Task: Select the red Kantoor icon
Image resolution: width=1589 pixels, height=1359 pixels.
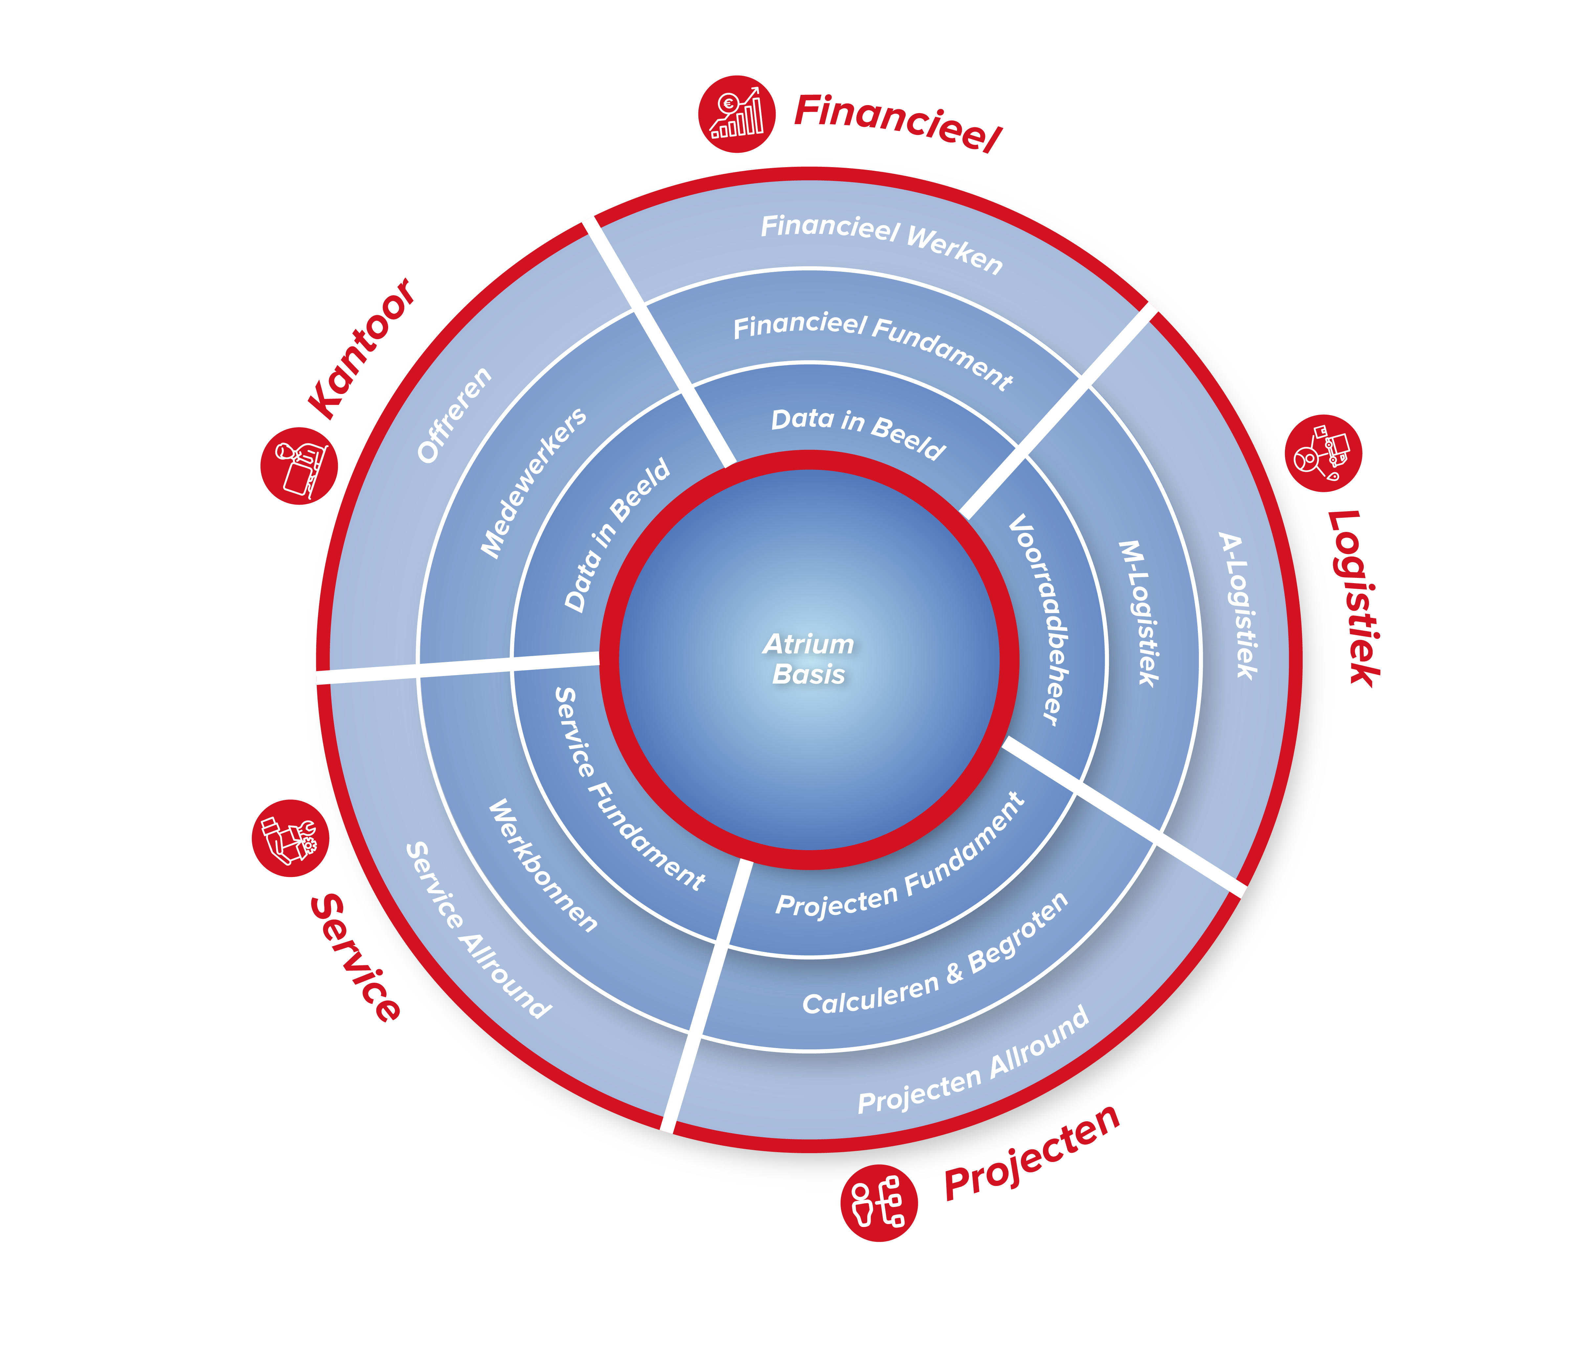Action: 299,466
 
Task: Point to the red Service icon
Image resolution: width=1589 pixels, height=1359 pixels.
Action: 290,838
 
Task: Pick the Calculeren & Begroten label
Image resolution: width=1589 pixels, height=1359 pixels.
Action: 936,955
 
